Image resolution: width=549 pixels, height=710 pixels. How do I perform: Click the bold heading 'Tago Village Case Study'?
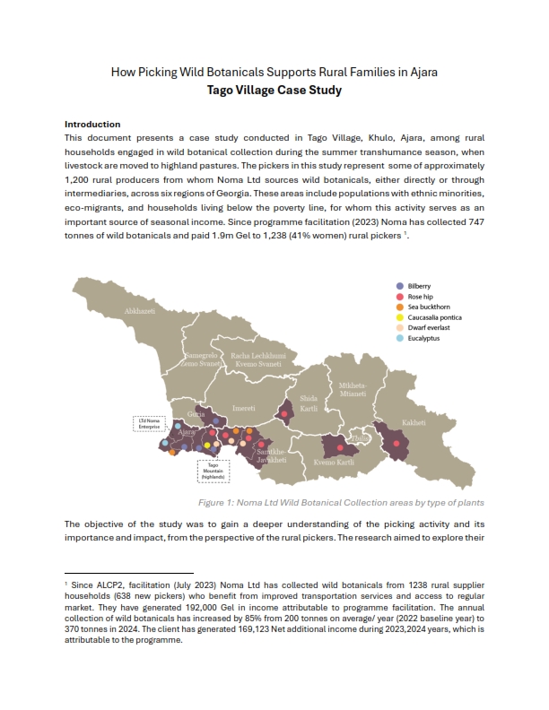[x=274, y=91]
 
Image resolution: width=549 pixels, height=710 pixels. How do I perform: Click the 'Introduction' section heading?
[x=92, y=124]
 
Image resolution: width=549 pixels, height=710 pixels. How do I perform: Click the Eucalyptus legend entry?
[x=423, y=339]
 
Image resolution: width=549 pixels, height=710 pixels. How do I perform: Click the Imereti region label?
[x=244, y=408]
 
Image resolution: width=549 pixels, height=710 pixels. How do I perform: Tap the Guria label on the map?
[x=196, y=415]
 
